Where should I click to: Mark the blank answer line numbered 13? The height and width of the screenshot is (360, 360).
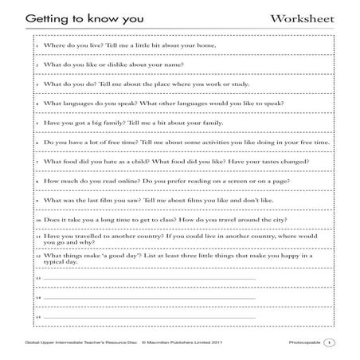147,279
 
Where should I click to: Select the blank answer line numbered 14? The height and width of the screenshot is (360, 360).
147,298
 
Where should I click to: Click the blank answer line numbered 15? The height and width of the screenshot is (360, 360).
147,318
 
